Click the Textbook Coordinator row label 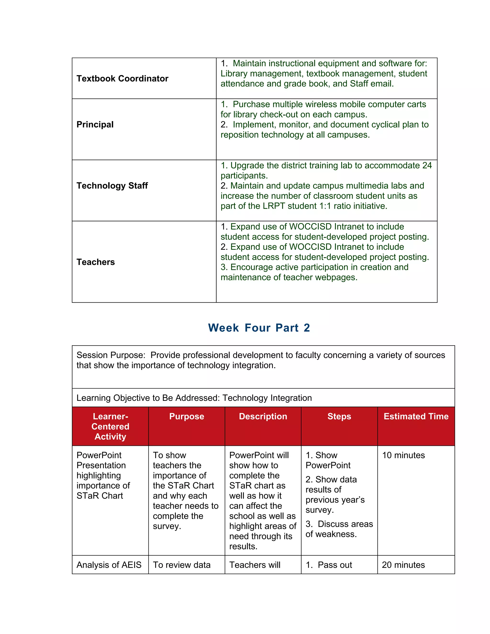pyautogui.click(x=122, y=78)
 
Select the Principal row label pyautogui.click(x=95, y=125)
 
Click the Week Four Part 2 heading pyautogui.click(x=259, y=328)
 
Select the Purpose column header pyautogui.click(x=187, y=416)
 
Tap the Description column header pyautogui.click(x=263, y=416)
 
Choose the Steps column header pyautogui.click(x=339, y=416)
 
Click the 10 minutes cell pyautogui.click(x=403, y=455)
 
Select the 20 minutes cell pyautogui.click(x=403, y=565)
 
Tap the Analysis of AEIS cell pyautogui.click(x=109, y=565)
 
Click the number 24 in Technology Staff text pyautogui.click(x=427, y=166)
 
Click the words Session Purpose pyautogui.click(x=111, y=355)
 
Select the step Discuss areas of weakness pyautogui.click(x=339, y=529)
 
